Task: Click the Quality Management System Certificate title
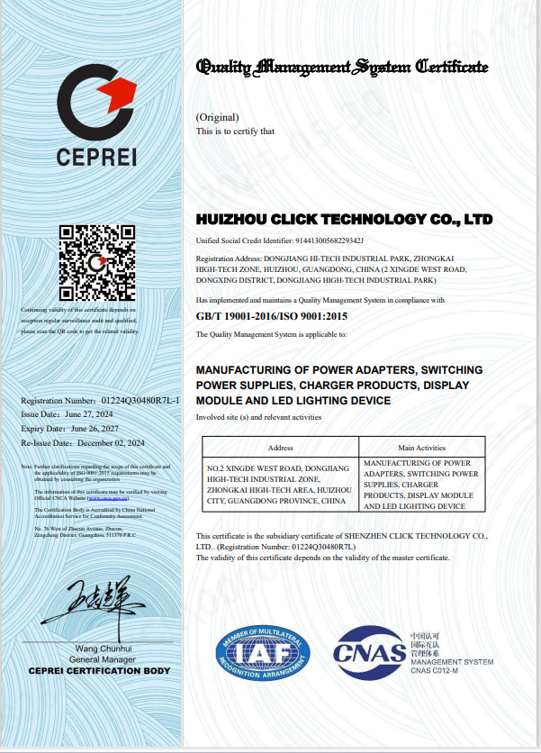pos(342,67)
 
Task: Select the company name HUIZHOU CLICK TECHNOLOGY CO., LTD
pos(344,220)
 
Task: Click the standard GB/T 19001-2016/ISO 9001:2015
pos(271,316)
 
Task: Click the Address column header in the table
pos(281,447)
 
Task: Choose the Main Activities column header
pos(421,447)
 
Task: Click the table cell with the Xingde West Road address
pos(280,484)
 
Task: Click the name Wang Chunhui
pos(104,649)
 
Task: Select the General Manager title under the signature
pos(104,660)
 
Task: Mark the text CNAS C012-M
pos(435,672)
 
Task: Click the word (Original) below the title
pos(217,117)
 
